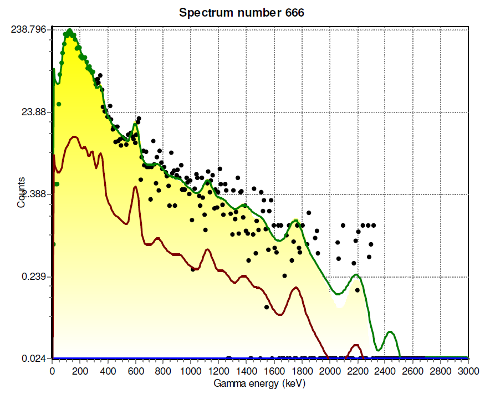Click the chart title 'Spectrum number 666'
241,13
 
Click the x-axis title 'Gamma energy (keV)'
259,383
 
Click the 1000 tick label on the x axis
191,371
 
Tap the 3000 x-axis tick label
468,371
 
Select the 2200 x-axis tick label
357,371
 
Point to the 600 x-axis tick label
135,371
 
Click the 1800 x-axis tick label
302,371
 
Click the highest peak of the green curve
70,30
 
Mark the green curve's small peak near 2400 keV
391,332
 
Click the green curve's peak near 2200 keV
356,275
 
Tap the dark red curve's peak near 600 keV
135,188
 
